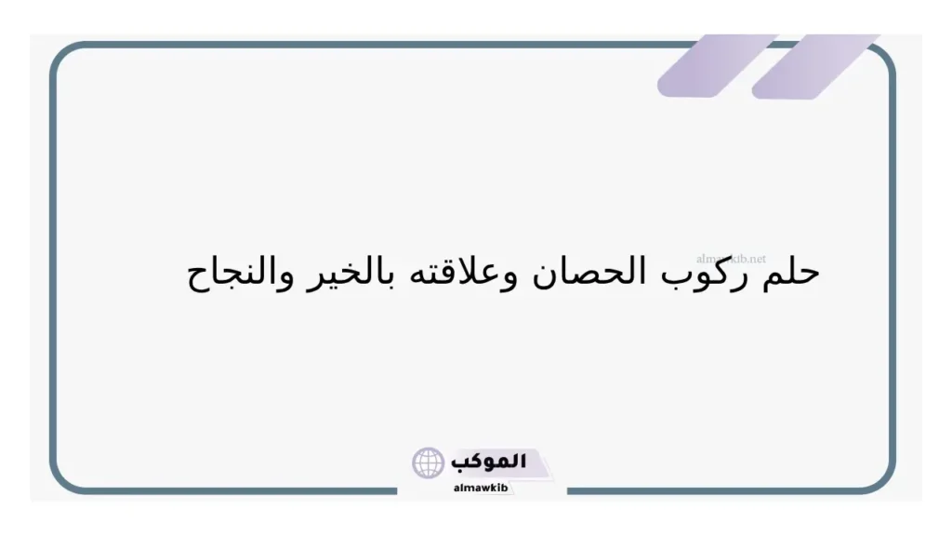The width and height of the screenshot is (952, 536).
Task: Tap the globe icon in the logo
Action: point(429,462)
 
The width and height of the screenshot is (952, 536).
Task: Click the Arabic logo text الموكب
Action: point(489,462)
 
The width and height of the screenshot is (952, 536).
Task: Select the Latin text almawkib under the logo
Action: point(481,488)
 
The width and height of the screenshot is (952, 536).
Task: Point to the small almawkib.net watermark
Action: point(731,259)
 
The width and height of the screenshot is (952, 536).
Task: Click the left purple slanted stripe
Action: point(716,65)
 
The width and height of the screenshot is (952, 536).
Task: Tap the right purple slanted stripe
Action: point(813,65)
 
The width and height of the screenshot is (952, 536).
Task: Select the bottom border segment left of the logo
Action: point(232,490)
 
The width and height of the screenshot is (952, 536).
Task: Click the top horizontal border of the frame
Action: point(372,44)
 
